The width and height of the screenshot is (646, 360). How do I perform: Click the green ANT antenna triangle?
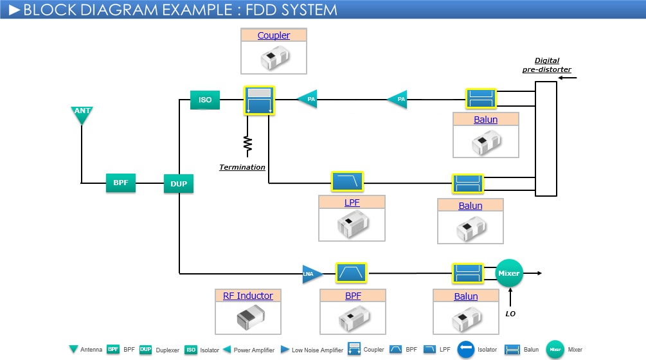[82, 114]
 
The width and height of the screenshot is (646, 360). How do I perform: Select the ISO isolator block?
[205, 100]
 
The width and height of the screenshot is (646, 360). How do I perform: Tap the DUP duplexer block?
[179, 184]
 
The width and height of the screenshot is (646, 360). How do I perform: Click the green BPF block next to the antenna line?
[121, 183]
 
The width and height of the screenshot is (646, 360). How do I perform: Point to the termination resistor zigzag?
[247, 145]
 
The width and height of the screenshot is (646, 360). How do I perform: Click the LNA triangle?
[311, 274]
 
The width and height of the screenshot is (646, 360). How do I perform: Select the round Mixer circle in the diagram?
[508, 273]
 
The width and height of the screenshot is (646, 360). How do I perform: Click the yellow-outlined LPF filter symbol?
[347, 182]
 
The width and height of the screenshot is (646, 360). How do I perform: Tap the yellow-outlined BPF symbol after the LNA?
[351, 273]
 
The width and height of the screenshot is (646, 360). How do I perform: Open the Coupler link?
[274, 35]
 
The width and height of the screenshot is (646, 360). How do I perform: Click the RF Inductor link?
[248, 296]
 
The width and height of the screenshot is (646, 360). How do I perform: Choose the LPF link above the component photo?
[352, 203]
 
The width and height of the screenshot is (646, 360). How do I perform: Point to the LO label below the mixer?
[510, 314]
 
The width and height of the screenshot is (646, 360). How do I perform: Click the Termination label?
[242, 167]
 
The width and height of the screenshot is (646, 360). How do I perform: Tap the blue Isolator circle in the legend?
[466, 349]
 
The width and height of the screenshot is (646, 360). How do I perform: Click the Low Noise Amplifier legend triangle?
[285, 350]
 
